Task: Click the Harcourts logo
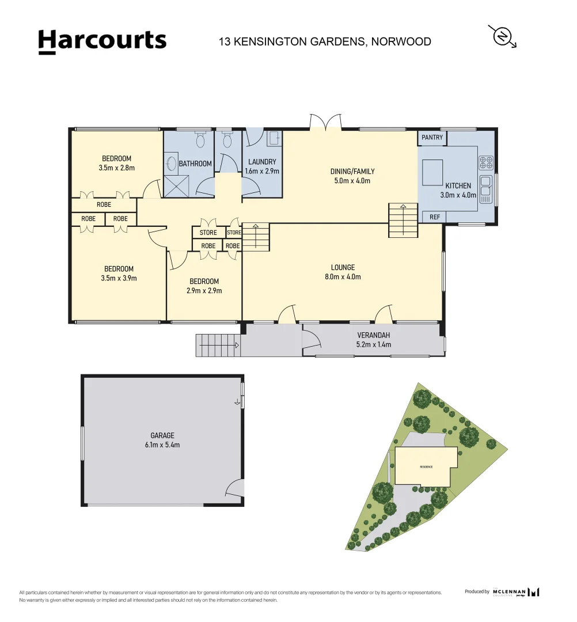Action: [102, 41]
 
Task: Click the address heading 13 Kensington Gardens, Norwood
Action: [325, 41]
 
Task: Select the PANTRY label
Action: [432, 138]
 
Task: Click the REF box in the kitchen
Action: [435, 217]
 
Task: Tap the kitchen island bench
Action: [433, 172]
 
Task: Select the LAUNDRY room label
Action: [262, 162]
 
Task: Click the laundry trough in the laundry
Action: [274, 138]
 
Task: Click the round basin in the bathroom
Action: [170, 163]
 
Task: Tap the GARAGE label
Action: [162, 436]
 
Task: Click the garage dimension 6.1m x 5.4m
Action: [162, 445]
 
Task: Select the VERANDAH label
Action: [373, 335]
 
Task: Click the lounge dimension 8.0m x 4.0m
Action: [343, 276]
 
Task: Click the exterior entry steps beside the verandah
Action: [218, 346]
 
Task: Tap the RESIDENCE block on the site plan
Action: [426, 466]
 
